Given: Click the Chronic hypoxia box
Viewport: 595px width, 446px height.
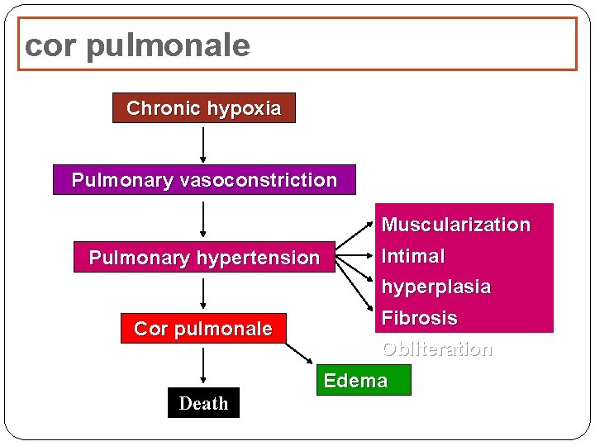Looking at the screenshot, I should pos(203,108).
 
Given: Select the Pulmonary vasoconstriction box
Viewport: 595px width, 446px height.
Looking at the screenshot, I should pos(204,180).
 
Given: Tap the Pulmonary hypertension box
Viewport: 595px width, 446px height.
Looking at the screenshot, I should pos(204,258).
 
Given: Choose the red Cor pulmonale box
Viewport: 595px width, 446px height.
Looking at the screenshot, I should pos(203,329).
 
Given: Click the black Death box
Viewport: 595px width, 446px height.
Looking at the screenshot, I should pos(203,403).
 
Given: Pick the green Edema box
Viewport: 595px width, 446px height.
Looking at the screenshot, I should pos(355,381).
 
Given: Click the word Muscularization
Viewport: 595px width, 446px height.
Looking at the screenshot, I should pos(455,225).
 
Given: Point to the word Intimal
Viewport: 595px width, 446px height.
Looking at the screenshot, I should pos(413,256).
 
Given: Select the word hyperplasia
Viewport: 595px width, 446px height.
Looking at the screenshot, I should pos(436,287).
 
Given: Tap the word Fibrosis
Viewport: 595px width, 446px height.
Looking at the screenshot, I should pos(419,318).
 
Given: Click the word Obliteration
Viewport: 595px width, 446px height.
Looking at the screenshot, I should pos(436,349).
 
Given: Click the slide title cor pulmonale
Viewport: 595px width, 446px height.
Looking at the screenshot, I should pos(137,45).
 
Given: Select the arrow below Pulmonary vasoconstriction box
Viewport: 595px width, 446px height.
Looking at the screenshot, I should pos(203,220).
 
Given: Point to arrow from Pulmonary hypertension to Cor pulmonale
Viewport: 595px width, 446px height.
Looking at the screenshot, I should pos(203,294).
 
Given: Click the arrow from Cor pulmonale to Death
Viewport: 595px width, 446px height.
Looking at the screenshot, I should pos(203,367).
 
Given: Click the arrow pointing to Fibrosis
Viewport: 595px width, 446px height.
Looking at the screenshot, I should pos(355,287).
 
